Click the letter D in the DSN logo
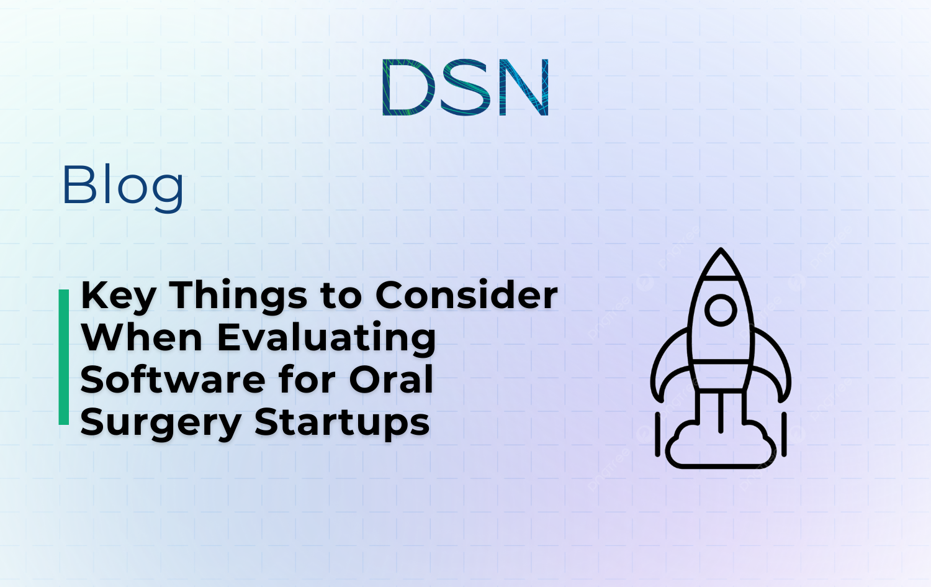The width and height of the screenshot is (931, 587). (x=407, y=88)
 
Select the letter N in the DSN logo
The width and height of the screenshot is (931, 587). (x=524, y=88)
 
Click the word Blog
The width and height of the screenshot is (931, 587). (x=123, y=185)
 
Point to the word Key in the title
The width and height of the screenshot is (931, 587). (x=118, y=296)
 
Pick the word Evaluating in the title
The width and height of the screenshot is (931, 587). (x=326, y=339)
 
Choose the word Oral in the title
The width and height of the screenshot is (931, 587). (x=391, y=380)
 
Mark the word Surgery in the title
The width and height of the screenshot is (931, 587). (x=161, y=423)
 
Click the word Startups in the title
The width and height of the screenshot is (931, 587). (x=342, y=423)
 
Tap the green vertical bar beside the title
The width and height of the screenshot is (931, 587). (x=63, y=357)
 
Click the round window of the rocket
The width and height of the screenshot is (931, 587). (x=721, y=310)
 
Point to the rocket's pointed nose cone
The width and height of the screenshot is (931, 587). (x=721, y=264)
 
